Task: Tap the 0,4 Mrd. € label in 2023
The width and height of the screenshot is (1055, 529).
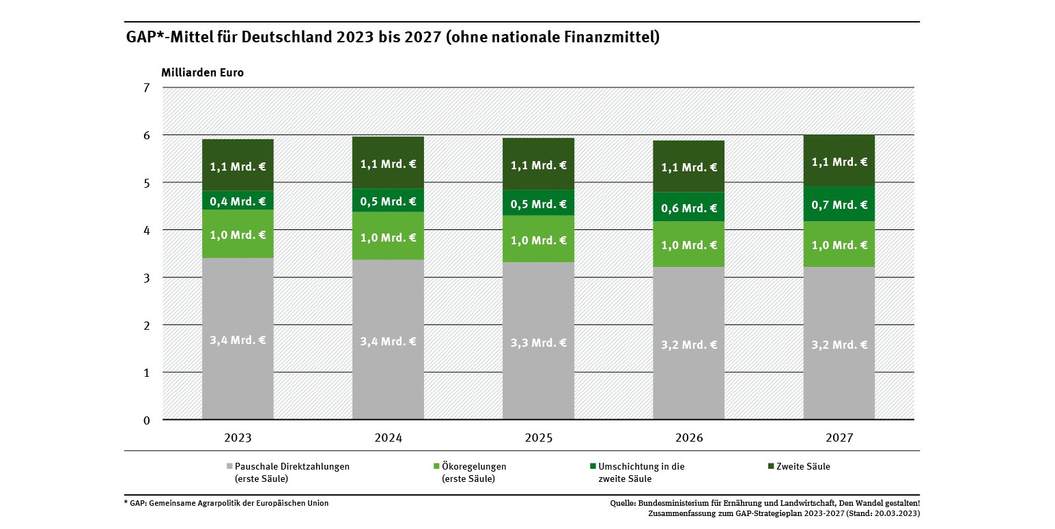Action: pyautogui.click(x=238, y=201)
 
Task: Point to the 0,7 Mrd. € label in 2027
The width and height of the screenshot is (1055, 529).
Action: pyautogui.click(x=839, y=205)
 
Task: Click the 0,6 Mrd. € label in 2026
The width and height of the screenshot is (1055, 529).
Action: pyautogui.click(x=688, y=208)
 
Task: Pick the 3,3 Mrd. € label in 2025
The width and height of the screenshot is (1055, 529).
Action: pyautogui.click(x=538, y=343)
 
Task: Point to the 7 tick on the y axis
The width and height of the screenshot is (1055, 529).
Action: pyautogui.click(x=146, y=87)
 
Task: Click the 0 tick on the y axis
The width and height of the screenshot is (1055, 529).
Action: pyautogui.click(x=146, y=420)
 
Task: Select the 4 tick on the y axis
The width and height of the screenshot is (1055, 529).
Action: pyautogui.click(x=146, y=230)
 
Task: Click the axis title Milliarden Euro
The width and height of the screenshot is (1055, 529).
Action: pyautogui.click(x=202, y=72)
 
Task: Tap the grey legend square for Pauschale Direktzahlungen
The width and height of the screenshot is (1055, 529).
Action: pyautogui.click(x=229, y=467)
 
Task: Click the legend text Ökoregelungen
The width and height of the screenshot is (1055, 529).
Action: pyautogui.click(x=474, y=467)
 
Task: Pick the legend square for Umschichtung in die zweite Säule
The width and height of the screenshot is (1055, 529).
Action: pyautogui.click(x=592, y=467)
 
